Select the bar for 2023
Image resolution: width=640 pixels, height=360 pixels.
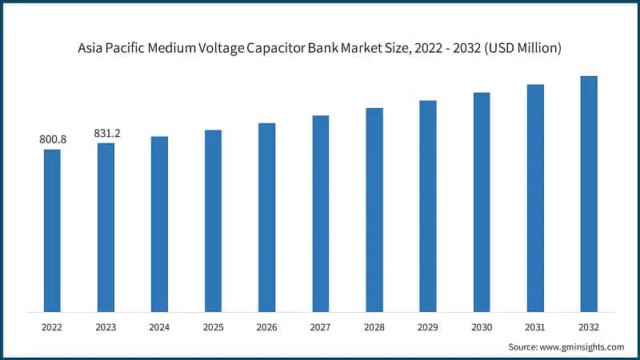(106, 227)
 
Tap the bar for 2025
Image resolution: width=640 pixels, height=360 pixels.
(213, 221)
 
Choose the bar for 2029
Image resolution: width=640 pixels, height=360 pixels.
(428, 206)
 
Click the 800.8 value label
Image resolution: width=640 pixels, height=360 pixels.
(53, 140)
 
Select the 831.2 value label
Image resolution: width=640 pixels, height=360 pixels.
(106, 134)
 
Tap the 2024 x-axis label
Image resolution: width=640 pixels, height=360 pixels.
(159, 327)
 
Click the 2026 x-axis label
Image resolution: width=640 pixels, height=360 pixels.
(266, 327)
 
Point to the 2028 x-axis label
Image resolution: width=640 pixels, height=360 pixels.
(374, 327)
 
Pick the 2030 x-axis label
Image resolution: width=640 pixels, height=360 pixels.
(481, 327)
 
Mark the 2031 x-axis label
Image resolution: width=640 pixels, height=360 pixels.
(535, 327)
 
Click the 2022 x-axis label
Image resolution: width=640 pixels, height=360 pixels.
(52, 327)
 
